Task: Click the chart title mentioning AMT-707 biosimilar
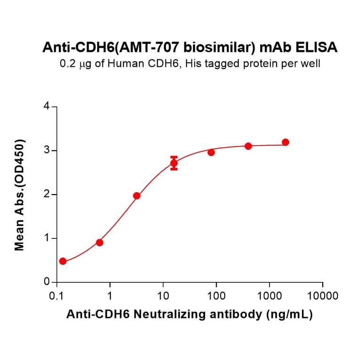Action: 190,47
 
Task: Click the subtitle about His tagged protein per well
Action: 190,64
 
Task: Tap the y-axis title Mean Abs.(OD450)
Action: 20,195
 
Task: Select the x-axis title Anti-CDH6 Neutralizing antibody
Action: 190,315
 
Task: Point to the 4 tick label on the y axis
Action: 47,106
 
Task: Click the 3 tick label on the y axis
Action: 47,151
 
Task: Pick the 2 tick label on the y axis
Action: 47,195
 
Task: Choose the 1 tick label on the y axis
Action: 47,238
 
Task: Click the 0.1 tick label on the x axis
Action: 57,296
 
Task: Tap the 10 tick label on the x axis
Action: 163,296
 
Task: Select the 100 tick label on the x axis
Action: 216,296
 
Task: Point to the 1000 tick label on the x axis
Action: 270,296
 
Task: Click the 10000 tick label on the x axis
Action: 322,296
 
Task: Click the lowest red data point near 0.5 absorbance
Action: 63,261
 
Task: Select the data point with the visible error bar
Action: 174,164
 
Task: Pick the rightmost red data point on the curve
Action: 285,142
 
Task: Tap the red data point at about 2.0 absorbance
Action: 137,196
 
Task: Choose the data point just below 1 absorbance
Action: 99,242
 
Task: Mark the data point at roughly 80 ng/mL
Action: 211,152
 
